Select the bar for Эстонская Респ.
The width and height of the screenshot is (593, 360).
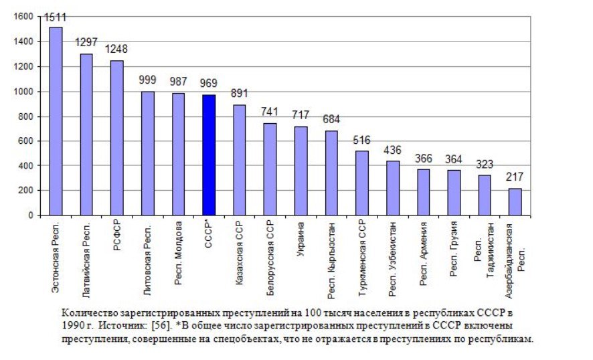[56, 120]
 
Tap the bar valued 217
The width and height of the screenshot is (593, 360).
[515, 201]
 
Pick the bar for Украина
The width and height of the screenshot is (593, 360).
[301, 171]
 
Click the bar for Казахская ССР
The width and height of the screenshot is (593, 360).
[240, 160]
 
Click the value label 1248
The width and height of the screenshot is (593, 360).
[116, 50]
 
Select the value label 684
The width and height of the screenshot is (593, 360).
[331, 120]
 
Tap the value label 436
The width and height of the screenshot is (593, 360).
[393, 150]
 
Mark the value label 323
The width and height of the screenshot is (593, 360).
[485, 164]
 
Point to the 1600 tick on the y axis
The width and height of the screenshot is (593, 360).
[23, 17]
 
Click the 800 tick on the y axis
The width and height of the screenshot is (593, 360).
[26, 116]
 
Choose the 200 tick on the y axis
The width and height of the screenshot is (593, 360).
[26, 191]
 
